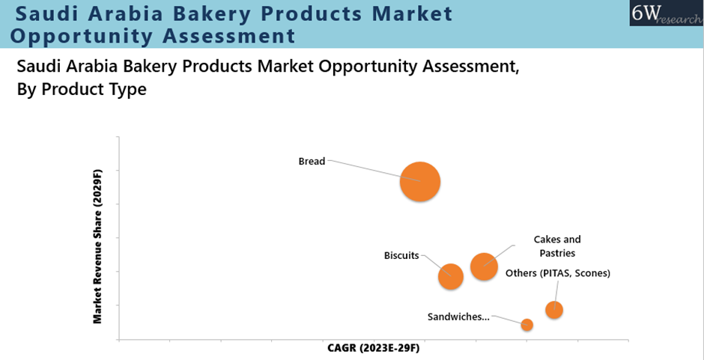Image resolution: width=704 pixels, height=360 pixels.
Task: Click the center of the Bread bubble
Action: (420, 181)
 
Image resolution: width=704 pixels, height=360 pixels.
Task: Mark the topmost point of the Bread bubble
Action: (420, 161)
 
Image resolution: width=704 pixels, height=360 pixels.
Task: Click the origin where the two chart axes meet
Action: (119, 339)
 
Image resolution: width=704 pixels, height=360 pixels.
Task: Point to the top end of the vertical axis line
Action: (119, 136)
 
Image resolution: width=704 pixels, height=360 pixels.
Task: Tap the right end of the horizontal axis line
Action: (628, 339)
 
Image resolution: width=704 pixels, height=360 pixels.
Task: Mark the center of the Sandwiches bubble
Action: (527, 325)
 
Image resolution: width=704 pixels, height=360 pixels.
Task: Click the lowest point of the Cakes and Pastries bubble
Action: (484, 281)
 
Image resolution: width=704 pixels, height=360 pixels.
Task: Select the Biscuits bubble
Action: (450, 276)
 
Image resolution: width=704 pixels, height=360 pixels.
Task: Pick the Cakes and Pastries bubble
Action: (484, 266)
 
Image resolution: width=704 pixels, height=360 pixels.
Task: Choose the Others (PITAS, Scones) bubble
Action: (554, 310)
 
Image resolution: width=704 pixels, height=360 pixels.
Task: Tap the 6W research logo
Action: (667, 13)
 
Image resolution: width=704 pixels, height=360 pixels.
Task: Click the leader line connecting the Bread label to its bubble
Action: (374, 171)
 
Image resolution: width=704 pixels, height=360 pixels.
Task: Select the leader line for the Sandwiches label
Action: (509, 320)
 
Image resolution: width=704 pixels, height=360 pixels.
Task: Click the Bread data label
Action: (312, 161)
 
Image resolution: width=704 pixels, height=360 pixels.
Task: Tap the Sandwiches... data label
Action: (458, 317)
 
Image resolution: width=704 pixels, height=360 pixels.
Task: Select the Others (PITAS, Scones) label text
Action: (558, 273)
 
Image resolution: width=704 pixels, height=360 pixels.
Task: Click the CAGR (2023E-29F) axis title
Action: (374, 348)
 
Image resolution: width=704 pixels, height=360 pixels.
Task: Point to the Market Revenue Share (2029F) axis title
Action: (97, 246)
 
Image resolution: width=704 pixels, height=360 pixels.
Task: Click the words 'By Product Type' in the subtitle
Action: (82, 89)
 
